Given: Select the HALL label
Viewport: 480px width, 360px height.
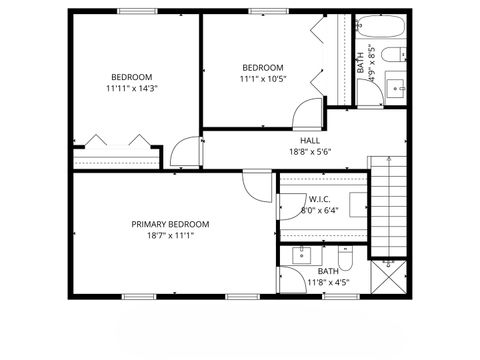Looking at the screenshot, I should (311, 141).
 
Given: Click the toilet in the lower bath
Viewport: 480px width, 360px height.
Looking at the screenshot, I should (345, 261).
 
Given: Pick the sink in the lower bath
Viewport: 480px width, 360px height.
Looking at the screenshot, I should (302, 257).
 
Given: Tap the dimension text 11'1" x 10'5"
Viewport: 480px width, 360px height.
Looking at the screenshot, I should (263, 79).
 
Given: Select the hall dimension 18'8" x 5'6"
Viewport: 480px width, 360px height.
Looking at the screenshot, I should (311, 152).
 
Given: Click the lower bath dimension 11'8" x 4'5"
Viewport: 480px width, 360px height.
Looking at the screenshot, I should (328, 283).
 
